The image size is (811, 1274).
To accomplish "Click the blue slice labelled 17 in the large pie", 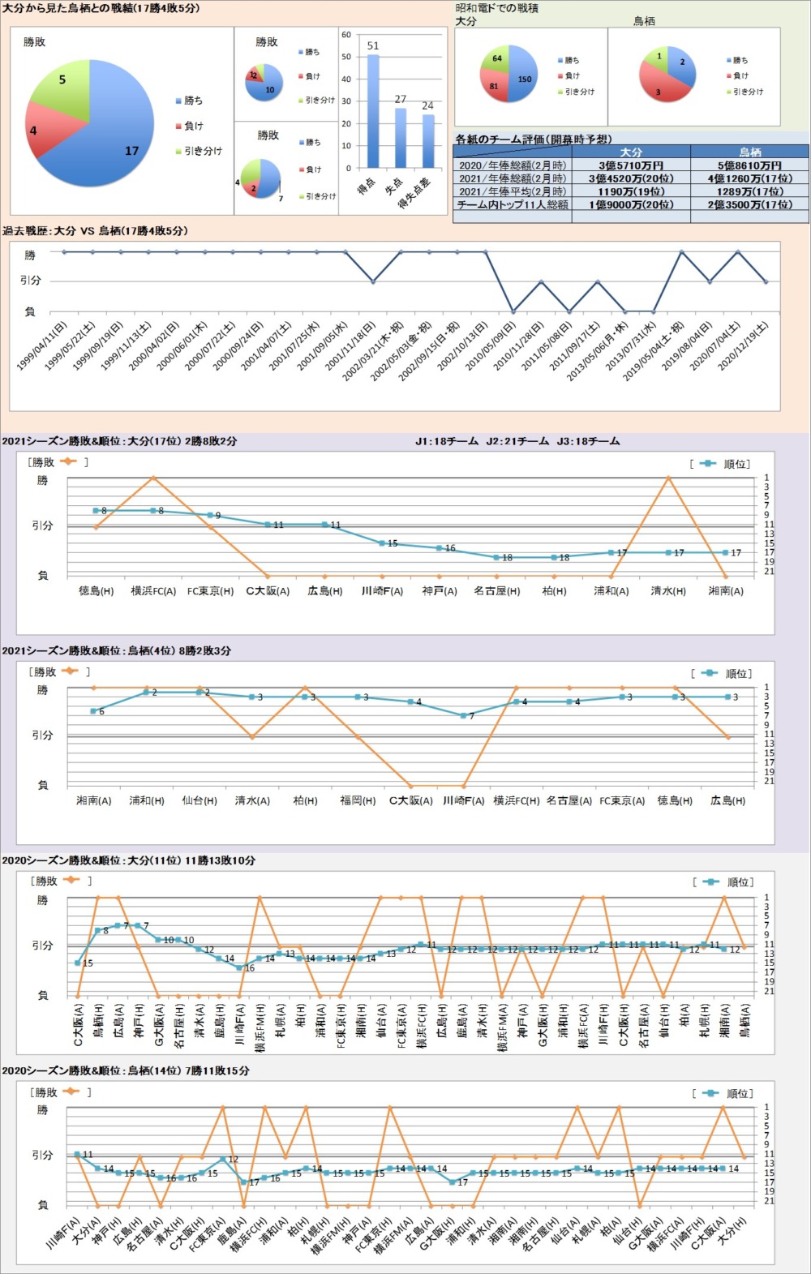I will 122,138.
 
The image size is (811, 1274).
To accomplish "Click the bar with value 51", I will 373,109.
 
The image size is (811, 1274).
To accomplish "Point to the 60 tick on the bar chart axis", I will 346,35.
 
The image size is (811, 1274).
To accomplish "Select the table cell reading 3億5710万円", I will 631,165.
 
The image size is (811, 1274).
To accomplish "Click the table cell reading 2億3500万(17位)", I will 750,205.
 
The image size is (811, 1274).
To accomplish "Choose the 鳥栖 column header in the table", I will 750,152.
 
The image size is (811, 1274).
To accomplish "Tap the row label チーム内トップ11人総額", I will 513,205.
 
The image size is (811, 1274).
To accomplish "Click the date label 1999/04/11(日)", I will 42,346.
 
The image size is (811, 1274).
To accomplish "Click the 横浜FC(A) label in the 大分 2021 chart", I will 153,591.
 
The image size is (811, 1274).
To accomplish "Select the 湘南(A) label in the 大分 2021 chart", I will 725,591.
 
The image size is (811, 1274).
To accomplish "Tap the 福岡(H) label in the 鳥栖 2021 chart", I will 358,800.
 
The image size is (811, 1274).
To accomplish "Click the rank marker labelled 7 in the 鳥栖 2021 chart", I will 463,715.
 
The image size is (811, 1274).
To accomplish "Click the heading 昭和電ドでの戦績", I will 497,8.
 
